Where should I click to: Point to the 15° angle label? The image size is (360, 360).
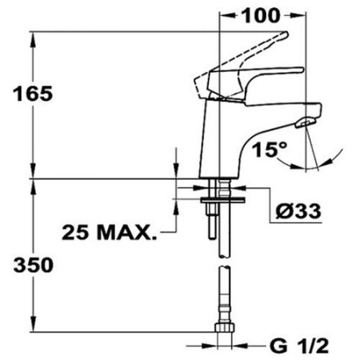point(270,150)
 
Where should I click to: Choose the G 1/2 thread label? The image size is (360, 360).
point(299,346)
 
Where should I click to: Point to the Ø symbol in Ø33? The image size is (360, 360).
point(279,212)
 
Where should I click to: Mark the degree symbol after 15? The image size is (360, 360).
point(283,144)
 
